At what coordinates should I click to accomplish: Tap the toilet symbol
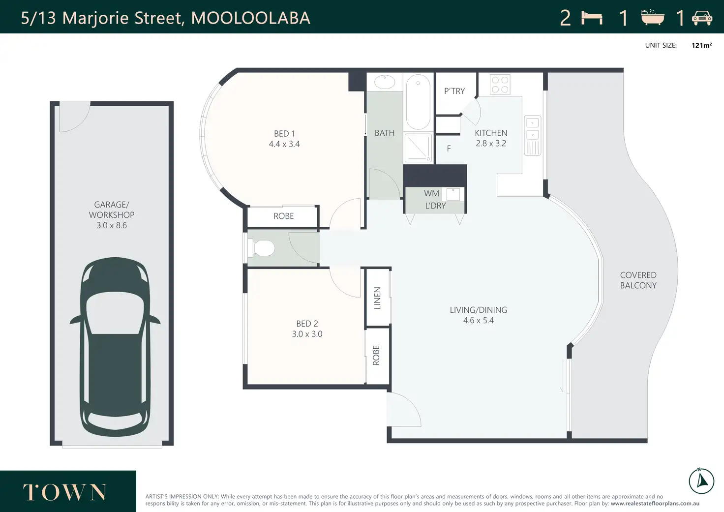pyautogui.click(x=261, y=248)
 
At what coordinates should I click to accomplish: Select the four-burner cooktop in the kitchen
pyautogui.click(x=500, y=85)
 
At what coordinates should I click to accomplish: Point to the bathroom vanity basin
pyautogui.click(x=385, y=82)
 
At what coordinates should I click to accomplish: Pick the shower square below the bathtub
pyautogui.click(x=418, y=148)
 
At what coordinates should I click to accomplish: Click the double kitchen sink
pyautogui.click(x=532, y=135)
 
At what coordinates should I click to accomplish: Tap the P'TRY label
pyautogui.click(x=454, y=91)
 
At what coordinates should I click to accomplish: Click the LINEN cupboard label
pyautogui.click(x=377, y=298)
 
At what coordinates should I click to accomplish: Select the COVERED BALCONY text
pyautogui.click(x=638, y=280)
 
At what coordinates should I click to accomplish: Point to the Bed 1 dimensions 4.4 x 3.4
pyautogui.click(x=284, y=144)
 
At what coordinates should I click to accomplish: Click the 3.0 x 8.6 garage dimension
pyautogui.click(x=112, y=225)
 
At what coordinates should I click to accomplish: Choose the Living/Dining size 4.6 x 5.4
pyautogui.click(x=479, y=320)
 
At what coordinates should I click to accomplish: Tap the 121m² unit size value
pyautogui.click(x=701, y=45)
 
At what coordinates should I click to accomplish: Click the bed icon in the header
pyautogui.click(x=592, y=18)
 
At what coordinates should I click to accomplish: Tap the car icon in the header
pyautogui.click(x=702, y=18)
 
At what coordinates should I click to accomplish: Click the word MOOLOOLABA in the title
pyautogui.click(x=251, y=18)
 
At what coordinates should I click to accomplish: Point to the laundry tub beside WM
pyautogui.click(x=453, y=195)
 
